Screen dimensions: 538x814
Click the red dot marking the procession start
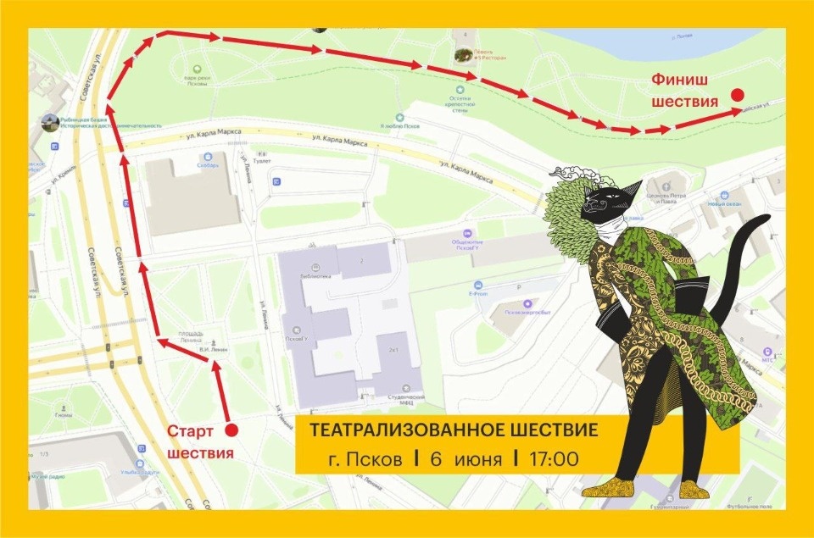(x=231, y=430)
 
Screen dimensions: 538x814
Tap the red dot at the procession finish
(x=738, y=95)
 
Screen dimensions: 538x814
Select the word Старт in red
(x=189, y=431)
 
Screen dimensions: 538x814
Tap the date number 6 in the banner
(x=437, y=460)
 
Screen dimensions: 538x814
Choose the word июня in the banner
(x=478, y=460)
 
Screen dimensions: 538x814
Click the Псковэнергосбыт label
(x=528, y=311)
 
